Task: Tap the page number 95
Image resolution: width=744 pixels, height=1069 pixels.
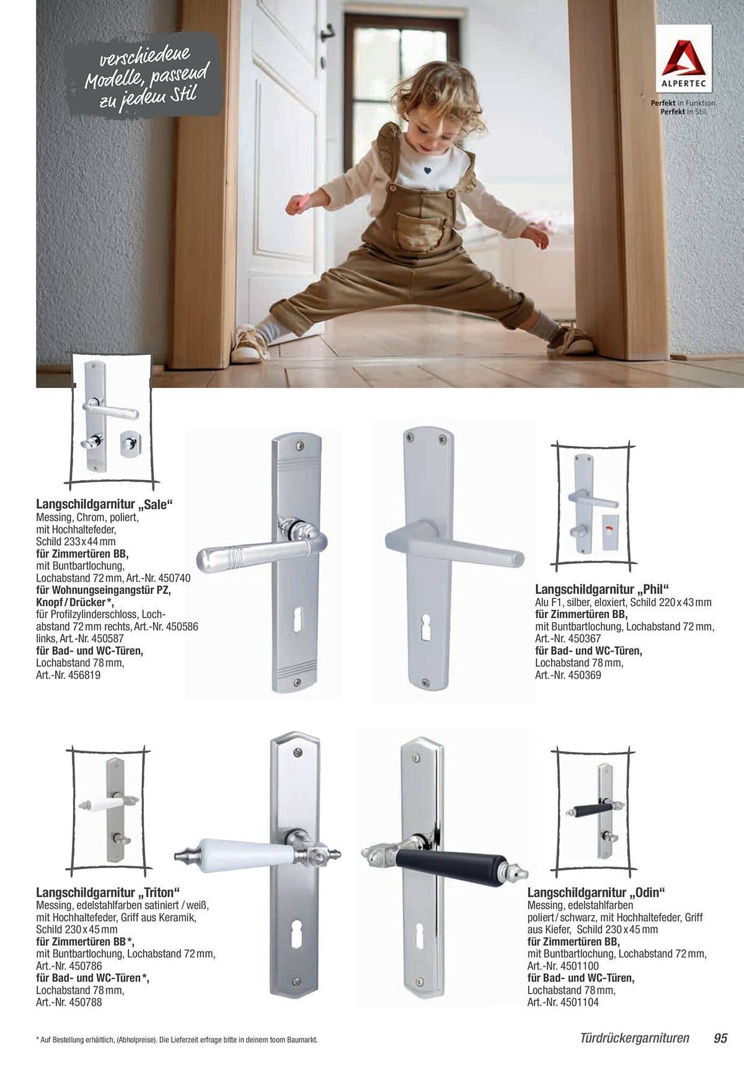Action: click(720, 1038)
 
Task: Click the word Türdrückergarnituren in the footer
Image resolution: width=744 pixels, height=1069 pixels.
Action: click(635, 1038)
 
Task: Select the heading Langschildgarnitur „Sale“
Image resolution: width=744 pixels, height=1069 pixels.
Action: click(105, 504)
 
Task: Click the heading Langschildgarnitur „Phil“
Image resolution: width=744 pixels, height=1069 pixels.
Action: click(602, 590)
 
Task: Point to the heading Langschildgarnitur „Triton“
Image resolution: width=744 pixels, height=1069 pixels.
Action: click(108, 893)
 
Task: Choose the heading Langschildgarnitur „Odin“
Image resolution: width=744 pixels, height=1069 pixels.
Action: click(596, 893)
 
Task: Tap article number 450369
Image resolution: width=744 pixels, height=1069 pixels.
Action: click(584, 675)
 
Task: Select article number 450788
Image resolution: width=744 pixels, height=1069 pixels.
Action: click(85, 1002)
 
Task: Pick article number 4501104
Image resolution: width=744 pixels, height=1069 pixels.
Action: click(579, 1002)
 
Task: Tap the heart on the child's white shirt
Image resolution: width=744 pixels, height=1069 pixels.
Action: click(428, 171)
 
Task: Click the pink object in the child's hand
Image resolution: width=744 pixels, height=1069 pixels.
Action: click(300, 203)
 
